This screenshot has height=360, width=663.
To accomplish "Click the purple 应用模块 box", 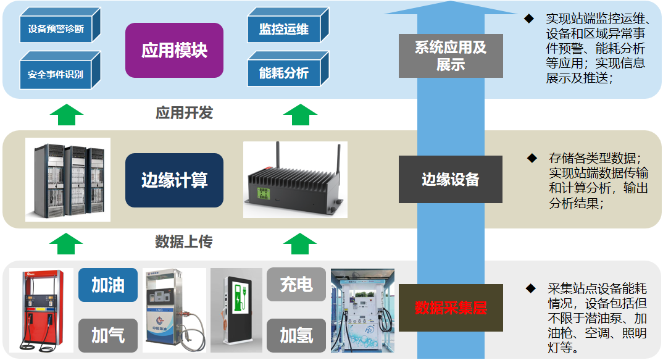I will (x=174, y=50).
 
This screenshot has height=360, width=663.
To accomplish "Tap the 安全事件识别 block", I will (x=56, y=74).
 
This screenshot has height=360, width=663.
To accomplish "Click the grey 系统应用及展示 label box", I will (x=451, y=56).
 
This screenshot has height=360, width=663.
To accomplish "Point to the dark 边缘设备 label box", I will (x=451, y=179).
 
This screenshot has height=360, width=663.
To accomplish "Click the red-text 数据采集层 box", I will (x=451, y=308).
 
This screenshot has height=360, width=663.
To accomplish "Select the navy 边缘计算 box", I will (x=174, y=180).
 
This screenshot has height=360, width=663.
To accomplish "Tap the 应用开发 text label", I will (x=184, y=113).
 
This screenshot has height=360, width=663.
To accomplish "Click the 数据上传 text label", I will (x=184, y=241).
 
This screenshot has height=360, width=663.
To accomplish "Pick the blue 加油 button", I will (x=108, y=285).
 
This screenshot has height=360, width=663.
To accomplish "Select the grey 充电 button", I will (x=296, y=285).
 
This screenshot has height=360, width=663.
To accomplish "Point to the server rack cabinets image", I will (x=68, y=180).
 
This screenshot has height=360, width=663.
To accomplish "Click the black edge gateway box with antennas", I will (x=295, y=180).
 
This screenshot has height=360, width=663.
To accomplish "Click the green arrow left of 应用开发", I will (x=66, y=114).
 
